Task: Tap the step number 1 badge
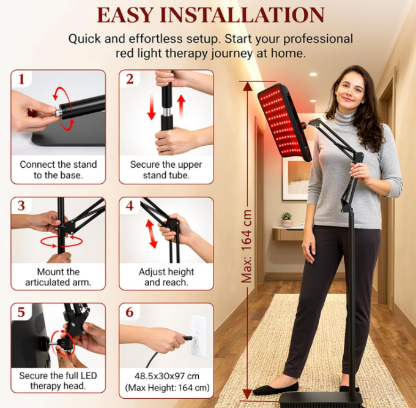(21, 79)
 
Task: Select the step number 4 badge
(129, 205)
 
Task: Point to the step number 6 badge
(129, 312)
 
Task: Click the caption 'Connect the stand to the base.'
(58, 170)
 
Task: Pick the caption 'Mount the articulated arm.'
(58, 277)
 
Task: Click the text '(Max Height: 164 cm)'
(167, 388)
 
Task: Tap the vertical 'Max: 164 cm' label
(247, 246)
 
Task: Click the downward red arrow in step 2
(152, 107)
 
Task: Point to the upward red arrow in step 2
(181, 107)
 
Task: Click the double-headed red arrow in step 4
(152, 234)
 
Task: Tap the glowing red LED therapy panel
(284, 123)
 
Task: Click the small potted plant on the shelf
(286, 220)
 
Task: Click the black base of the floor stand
(321, 400)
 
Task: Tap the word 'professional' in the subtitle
(318, 39)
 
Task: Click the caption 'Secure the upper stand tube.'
(166, 170)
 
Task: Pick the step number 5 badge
(21, 312)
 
